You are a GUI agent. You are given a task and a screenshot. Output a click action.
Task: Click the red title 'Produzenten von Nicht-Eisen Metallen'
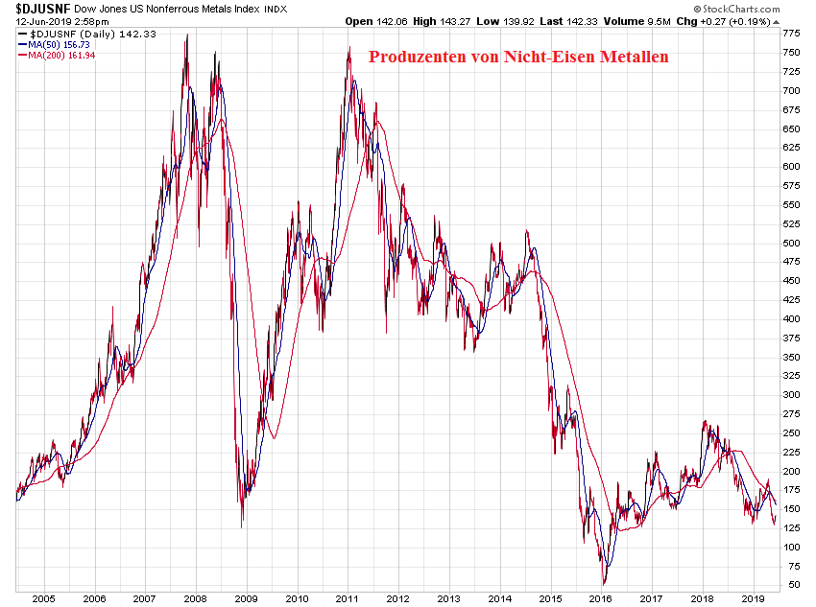coord(518,57)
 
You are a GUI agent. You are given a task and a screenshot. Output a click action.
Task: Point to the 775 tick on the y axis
coord(792,33)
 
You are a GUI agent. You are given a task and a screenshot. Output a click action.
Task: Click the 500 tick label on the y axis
coord(792,243)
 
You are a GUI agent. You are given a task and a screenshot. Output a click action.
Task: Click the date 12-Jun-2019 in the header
coord(42,20)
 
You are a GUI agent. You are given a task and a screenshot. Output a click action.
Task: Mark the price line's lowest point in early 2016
coord(604,584)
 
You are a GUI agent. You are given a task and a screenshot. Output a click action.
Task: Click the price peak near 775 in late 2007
coord(186,35)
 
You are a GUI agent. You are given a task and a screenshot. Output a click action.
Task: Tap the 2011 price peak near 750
coord(348,47)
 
